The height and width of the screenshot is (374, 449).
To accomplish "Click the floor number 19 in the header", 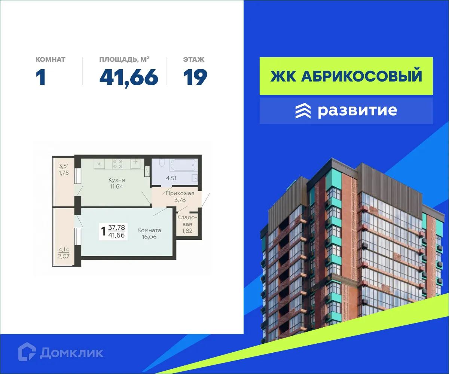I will coord(195,77).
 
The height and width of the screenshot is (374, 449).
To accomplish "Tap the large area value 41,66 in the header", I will coord(129,77).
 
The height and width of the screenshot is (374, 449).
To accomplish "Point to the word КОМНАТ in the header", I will coord(51,59).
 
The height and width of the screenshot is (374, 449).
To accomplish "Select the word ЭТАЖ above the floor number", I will coord(194,59).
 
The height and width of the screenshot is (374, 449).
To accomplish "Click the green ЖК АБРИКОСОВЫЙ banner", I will coord(346,76).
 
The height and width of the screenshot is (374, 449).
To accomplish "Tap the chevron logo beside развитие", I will coord(303,111).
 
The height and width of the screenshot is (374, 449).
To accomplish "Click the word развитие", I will coord(357,111).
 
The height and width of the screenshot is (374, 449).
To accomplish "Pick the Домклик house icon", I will coord(27,352).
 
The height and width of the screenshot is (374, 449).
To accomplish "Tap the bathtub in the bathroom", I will coord(183,165).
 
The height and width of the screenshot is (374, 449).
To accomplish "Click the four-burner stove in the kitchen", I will coord(118,164).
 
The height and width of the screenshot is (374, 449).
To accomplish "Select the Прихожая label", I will coord(180,193).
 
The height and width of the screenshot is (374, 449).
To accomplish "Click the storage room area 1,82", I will coord(187,231).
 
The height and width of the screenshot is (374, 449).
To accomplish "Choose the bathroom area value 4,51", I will coord(171,178).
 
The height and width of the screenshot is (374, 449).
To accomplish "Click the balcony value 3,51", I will coord(64,166).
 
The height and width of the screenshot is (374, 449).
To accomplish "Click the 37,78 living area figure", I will coord(117,227).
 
